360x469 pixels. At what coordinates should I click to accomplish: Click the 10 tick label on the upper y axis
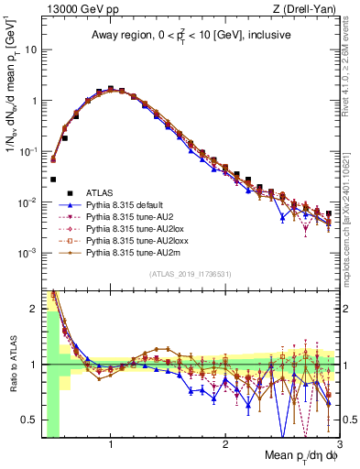pyautogui.click(x=30, y=50)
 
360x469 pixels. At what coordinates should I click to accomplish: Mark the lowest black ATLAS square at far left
pyautogui.click(x=53, y=180)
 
